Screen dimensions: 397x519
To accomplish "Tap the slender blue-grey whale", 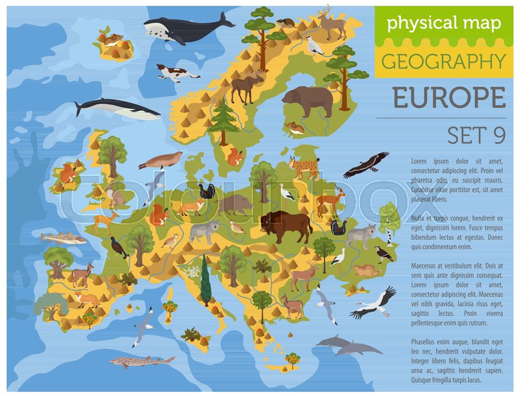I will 117,108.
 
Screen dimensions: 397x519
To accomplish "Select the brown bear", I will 307,101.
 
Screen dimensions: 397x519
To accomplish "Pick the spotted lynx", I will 304,167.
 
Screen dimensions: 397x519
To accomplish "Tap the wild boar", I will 235,204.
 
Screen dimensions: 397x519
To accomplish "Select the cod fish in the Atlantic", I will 64,238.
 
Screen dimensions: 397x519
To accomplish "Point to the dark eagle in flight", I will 366,165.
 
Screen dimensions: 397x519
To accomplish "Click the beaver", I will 367,269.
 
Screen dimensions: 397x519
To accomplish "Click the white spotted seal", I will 176,72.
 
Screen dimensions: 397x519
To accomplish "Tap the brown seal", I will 160,160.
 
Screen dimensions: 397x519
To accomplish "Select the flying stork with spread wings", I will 374,303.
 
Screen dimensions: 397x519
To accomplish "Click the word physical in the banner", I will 416,24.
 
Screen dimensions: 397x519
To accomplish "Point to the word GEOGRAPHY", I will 443,62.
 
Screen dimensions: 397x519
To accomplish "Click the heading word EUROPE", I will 449,98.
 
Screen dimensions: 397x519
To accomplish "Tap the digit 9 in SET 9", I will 497,135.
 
